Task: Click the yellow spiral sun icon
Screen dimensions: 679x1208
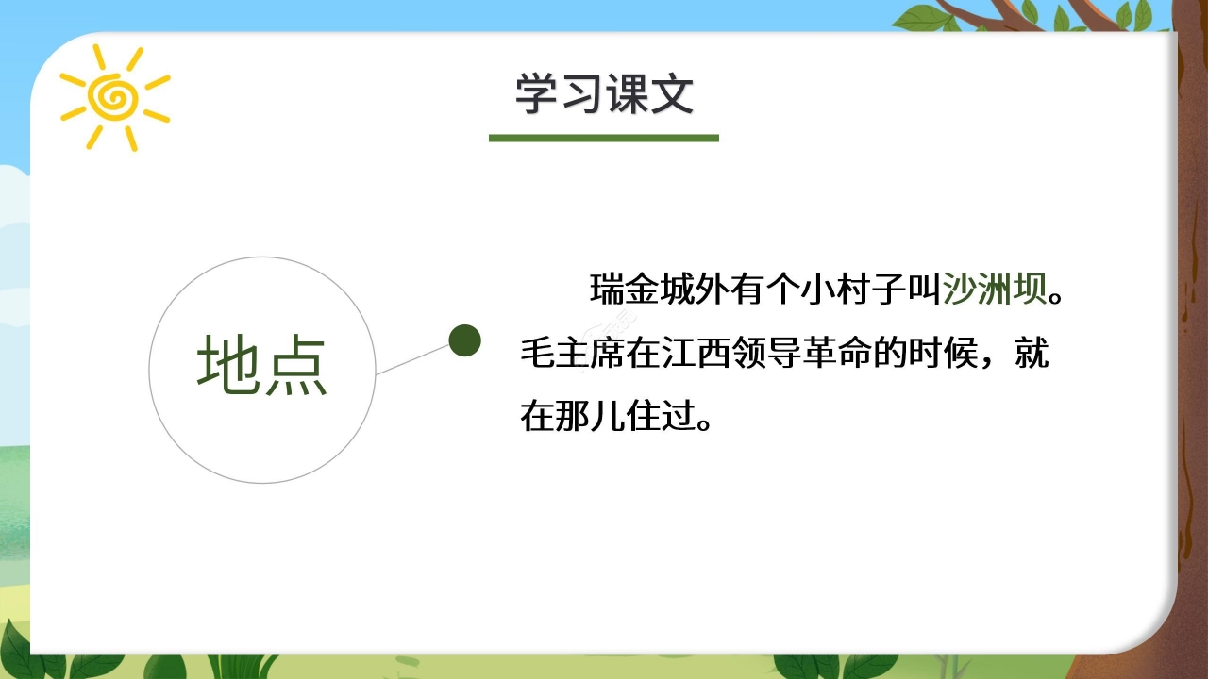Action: (x=113, y=97)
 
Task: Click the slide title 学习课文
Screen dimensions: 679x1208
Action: (x=604, y=94)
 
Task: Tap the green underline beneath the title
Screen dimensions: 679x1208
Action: (x=604, y=139)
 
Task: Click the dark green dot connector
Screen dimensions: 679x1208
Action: (x=464, y=340)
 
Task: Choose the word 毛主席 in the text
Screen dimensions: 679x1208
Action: (x=573, y=355)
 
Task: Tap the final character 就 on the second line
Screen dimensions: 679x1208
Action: (x=1031, y=355)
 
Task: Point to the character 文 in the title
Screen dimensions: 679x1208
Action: (x=671, y=94)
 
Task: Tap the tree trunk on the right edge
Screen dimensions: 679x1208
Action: (x=1191, y=377)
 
